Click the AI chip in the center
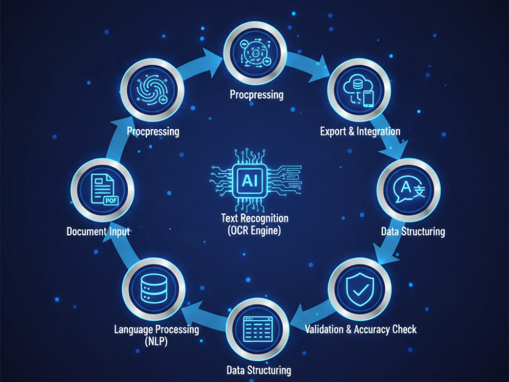249,180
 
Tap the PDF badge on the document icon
111,201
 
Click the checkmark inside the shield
360,290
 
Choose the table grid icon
258,329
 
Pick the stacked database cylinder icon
154,288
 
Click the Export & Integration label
360,131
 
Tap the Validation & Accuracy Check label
361,330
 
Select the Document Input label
98,232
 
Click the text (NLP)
156,341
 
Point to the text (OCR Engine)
254,231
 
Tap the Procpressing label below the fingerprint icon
153,131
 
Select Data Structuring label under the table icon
259,370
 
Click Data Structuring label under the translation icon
413,232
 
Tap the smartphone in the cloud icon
369,99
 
